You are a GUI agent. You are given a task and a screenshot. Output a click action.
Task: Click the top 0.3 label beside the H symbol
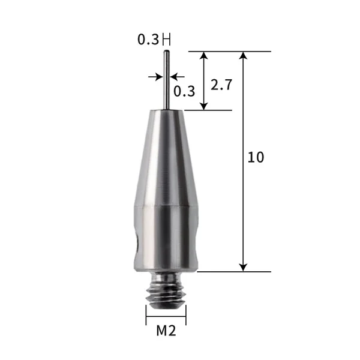(x=148, y=40)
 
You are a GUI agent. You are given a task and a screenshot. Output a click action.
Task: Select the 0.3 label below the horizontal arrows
(x=184, y=91)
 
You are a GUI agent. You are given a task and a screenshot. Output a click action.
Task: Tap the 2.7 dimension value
(x=221, y=85)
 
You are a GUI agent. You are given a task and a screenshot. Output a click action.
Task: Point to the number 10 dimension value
(x=255, y=158)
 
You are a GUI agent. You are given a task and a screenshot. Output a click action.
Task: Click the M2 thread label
(x=166, y=330)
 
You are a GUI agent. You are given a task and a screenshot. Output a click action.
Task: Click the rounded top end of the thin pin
(x=166, y=53)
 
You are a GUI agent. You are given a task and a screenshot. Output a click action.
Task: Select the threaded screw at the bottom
(x=166, y=290)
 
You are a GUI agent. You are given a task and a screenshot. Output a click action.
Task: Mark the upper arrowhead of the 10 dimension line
(x=243, y=56)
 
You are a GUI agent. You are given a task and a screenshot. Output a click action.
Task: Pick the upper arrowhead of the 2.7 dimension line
(x=205, y=56)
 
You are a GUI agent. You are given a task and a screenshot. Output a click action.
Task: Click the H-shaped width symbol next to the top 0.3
(x=166, y=40)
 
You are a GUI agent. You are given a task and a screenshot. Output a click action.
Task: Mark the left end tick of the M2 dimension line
(x=146, y=314)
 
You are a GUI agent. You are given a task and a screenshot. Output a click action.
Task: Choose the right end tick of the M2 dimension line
(x=186, y=314)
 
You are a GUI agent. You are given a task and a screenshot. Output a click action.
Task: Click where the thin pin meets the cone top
(x=166, y=109)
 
